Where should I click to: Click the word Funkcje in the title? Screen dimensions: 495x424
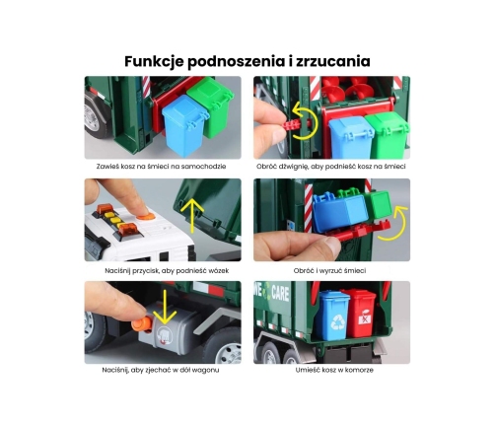[x=154, y=61]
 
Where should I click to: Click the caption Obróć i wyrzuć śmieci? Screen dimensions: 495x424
[x=329, y=271]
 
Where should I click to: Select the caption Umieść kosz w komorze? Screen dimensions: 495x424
[x=334, y=370]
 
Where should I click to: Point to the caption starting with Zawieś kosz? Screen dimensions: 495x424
[x=161, y=167]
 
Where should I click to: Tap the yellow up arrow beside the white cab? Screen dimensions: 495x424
[x=192, y=216]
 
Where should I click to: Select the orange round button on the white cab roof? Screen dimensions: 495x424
[x=146, y=216]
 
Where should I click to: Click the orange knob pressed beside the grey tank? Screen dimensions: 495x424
[x=142, y=324]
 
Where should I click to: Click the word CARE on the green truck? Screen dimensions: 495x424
[x=280, y=294]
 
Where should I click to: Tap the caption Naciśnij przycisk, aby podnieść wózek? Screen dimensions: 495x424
[x=167, y=271]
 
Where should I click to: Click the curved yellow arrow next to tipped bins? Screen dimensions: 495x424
[x=393, y=224]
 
